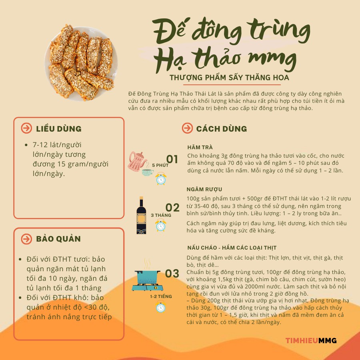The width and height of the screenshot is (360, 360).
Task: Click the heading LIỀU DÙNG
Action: [59, 129]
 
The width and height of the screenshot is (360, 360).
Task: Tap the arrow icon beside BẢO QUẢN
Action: [26, 239]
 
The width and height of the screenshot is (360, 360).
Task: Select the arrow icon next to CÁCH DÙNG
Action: [187, 128]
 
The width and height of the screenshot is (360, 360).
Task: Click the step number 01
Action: [172, 159]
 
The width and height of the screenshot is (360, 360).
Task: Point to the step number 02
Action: [172, 207]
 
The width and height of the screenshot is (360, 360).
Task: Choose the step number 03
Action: [172, 274]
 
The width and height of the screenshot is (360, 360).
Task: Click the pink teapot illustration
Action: [137, 160]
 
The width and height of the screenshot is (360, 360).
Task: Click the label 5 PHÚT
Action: [160, 165]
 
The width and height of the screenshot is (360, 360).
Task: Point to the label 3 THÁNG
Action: [161, 215]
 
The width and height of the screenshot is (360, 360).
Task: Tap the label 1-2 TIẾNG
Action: [161, 296]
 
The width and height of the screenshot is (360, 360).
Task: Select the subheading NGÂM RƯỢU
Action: [204, 190]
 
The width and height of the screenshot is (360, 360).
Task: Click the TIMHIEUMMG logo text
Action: [311, 341]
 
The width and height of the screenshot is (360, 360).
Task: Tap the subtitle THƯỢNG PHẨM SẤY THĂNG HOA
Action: [229, 77]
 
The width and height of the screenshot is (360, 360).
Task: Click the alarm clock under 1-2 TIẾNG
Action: [161, 307]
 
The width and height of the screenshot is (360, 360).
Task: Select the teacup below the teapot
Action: [148, 172]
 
